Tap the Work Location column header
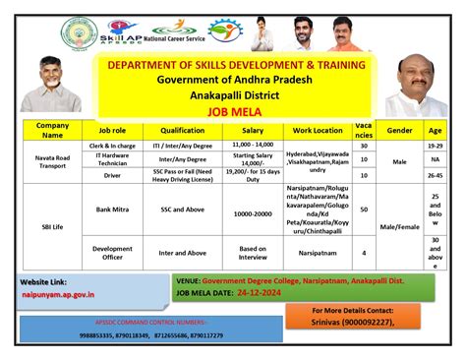click(318, 129)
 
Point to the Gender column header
click(399, 129)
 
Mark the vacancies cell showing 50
click(364, 210)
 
